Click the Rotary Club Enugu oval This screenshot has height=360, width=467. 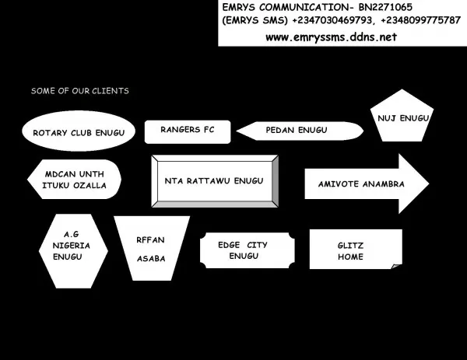pyautogui.click(x=79, y=131)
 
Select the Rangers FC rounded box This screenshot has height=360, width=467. pyautogui.click(x=188, y=132)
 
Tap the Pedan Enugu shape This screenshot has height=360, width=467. pyautogui.click(x=300, y=131)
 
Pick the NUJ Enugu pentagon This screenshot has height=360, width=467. pyautogui.click(x=402, y=116)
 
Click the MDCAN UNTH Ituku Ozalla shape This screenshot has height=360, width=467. pyautogui.click(x=74, y=179)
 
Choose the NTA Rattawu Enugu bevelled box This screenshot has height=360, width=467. pyautogui.click(x=215, y=181)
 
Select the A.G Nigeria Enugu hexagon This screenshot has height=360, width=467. pyautogui.click(x=73, y=251)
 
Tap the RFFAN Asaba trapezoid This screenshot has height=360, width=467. pyautogui.click(x=152, y=248)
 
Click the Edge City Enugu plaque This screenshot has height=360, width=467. pyautogui.click(x=248, y=250)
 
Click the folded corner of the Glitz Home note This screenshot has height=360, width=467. pyautogui.click(x=397, y=266)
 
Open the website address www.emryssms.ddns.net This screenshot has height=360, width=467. pyautogui.click(x=332, y=37)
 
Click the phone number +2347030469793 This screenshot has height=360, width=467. pyautogui.click(x=332, y=20)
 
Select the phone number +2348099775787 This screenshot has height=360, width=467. pyautogui.click(x=420, y=20)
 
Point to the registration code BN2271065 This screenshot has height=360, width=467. pyautogui.click(x=385, y=7)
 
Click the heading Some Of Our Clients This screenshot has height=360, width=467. pyautogui.click(x=80, y=91)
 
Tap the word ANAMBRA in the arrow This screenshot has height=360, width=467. pyautogui.click(x=384, y=183)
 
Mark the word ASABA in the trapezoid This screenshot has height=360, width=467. pyautogui.click(x=151, y=259)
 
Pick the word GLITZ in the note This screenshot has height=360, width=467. pyautogui.click(x=350, y=246)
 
